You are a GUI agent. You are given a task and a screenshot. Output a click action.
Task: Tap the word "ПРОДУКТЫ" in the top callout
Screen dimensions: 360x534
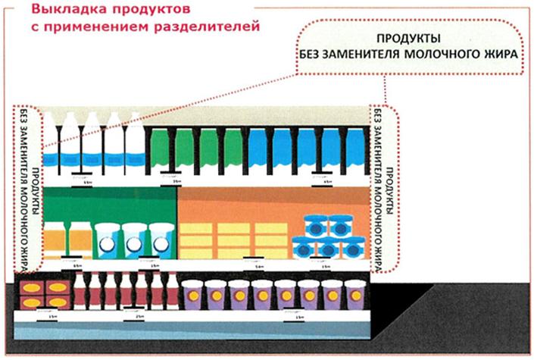tap(409, 38)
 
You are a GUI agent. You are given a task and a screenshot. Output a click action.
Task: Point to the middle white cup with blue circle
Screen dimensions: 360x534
tap(133, 241)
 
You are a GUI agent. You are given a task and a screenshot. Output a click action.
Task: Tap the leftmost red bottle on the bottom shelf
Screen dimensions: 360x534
tap(80, 291)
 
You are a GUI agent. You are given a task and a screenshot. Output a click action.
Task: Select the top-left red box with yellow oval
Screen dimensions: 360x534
tap(33, 288)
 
